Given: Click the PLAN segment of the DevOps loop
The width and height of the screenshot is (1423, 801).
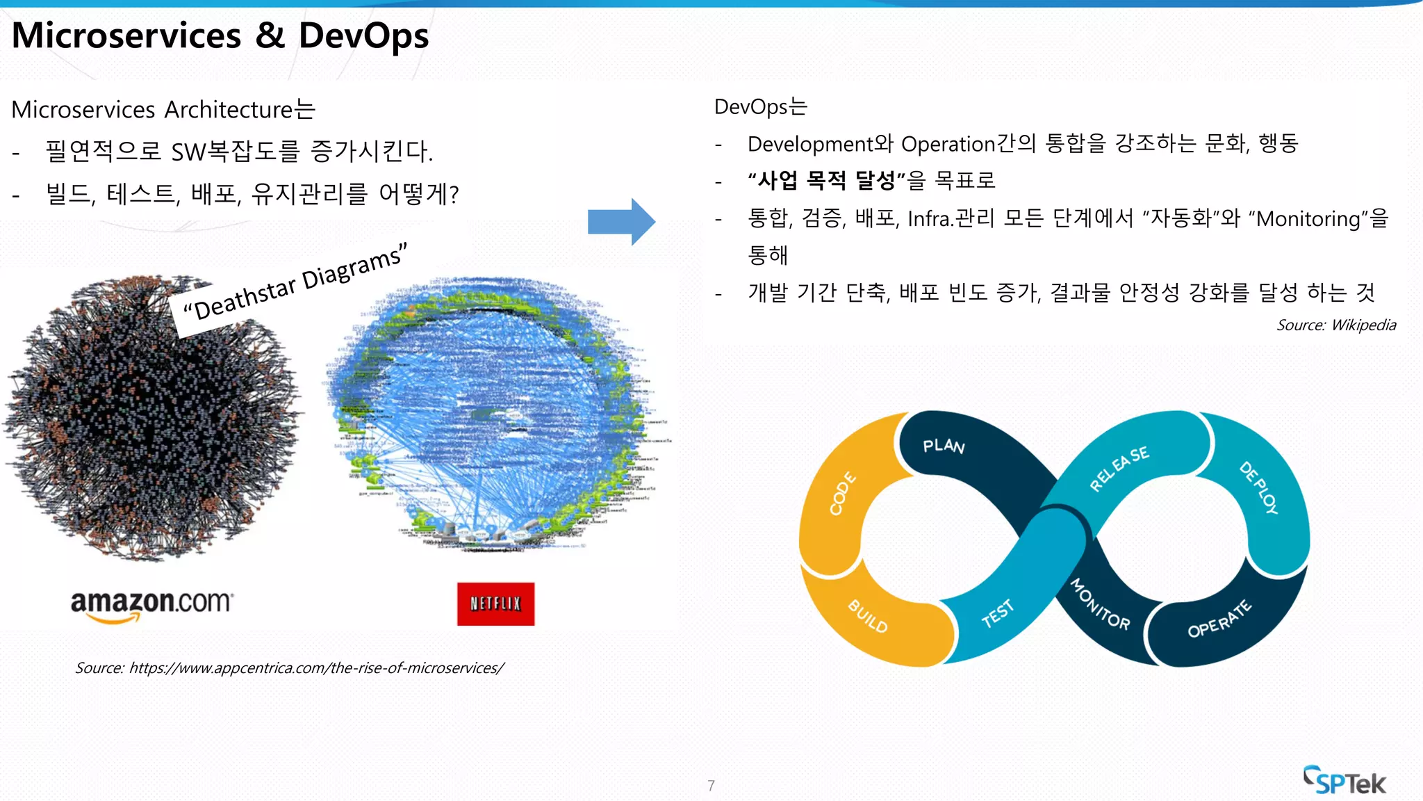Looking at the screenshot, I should tap(944, 446).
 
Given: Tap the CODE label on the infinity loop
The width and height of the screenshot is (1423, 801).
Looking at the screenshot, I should tap(842, 494).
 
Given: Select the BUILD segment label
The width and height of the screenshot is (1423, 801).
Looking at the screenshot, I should tap(868, 616).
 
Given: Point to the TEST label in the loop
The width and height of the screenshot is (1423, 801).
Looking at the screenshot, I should tap(998, 613).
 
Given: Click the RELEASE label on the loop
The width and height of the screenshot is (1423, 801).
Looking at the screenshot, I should tap(1119, 469).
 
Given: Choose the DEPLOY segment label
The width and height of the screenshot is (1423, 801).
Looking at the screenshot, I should tap(1258, 487).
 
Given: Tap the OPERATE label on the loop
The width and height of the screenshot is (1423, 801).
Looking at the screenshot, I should tap(1219, 620).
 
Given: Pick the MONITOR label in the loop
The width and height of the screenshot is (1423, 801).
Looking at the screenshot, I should tap(1100, 604).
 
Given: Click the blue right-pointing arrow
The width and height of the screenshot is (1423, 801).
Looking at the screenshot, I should tap(621, 222).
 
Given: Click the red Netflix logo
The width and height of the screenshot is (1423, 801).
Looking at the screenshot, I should tap(495, 604).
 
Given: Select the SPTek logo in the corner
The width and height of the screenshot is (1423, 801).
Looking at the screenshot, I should tap(1344, 781).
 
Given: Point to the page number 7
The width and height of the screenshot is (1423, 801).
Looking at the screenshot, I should tap(711, 786).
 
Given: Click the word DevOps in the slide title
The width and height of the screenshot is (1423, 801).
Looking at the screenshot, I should tap(363, 36).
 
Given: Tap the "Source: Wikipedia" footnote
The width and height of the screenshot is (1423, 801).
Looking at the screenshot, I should tap(1335, 325).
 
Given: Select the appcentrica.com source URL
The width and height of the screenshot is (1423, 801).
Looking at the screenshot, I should tap(316, 668).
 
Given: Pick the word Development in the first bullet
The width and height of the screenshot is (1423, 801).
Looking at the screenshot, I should tap(810, 144).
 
